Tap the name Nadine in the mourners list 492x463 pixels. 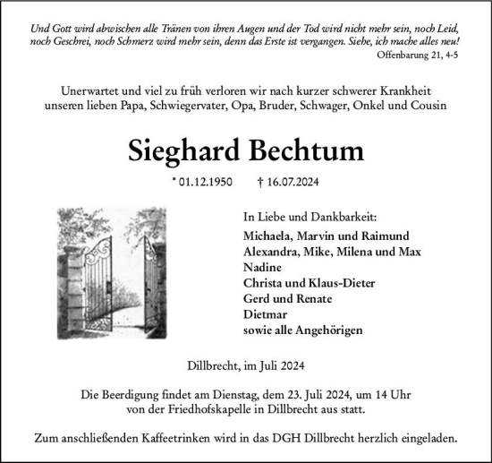(x=262, y=267)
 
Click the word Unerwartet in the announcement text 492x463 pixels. (x=95, y=90)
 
